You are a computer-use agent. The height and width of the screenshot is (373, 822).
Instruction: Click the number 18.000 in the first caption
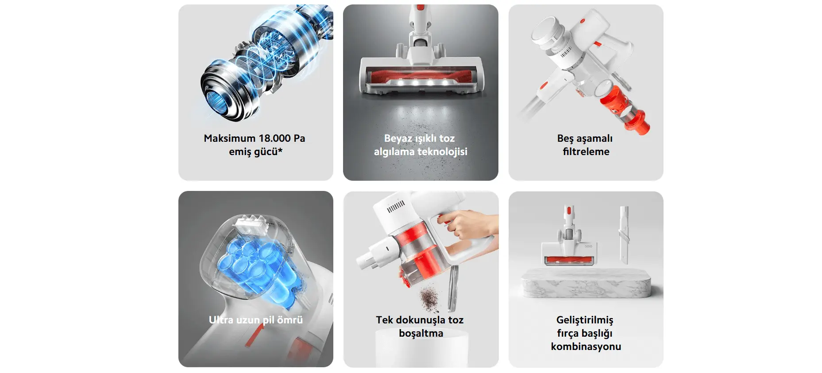pyautogui.click(x=274, y=138)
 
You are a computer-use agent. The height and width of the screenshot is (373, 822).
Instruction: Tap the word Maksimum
pyautogui.click(x=229, y=138)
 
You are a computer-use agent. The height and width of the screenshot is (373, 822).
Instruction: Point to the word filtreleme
pyautogui.click(x=586, y=152)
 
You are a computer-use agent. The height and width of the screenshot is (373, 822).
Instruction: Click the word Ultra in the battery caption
pyautogui.click(x=221, y=320)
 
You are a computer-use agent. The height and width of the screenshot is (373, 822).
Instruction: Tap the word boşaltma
pyautogui.click(x=421, y=334)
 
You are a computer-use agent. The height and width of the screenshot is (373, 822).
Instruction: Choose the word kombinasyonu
pyautogui.click(x=586, y=346)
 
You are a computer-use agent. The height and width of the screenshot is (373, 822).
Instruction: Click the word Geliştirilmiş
pyautogui.click(x=585, y=320)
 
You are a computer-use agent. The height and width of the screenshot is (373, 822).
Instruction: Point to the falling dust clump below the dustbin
pyautogui.click(x=428, y=298)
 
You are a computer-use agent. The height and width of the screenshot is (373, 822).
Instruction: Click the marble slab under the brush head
pyautogui.click(x=586, y=283)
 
